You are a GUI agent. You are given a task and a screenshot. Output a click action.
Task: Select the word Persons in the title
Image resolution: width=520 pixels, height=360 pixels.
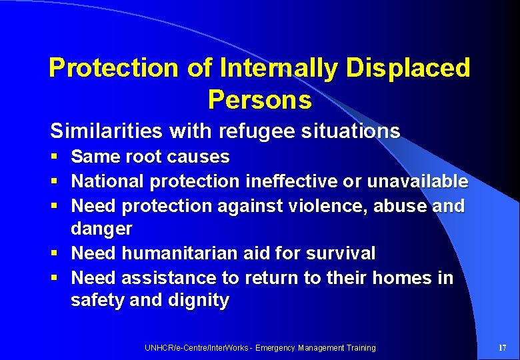click(x=259, y=99)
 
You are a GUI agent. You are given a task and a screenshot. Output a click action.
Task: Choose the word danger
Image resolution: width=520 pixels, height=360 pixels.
click(x=101, y=229)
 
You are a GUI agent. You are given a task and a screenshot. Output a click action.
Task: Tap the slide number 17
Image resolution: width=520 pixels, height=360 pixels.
click(x=502, y=347)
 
